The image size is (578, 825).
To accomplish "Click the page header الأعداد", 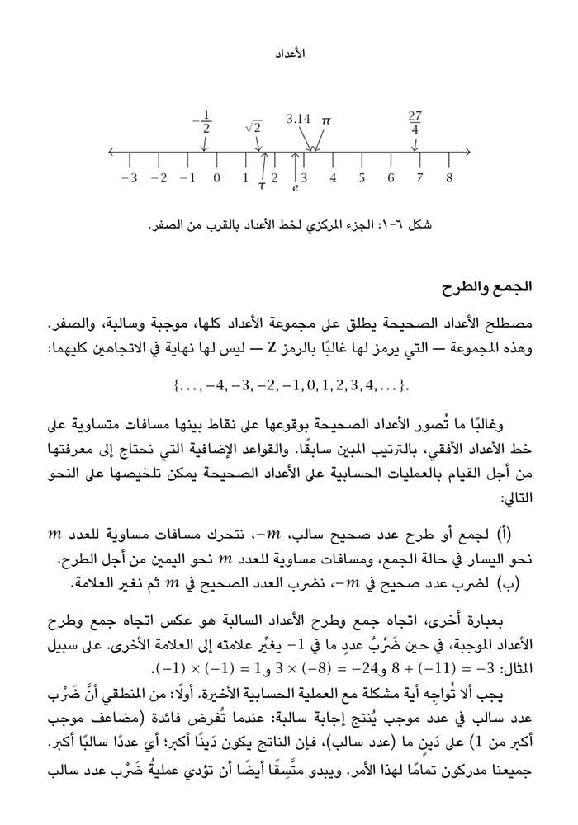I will pos(289,53).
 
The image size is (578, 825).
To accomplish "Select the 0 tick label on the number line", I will pos(216,178).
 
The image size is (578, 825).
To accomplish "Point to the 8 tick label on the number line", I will pos(449,178).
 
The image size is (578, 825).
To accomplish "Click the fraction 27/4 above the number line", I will pos(415,123).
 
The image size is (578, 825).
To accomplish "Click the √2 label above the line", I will pos(253,126).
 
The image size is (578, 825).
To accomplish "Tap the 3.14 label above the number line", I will pos(298,119).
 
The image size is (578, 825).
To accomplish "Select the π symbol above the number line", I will pos(326,120).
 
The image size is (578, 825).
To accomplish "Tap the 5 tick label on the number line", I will pos(362,178).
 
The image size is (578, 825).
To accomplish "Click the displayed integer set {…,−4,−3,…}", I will pos(289,385).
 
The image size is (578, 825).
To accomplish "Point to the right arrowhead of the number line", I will pos(467,153).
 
